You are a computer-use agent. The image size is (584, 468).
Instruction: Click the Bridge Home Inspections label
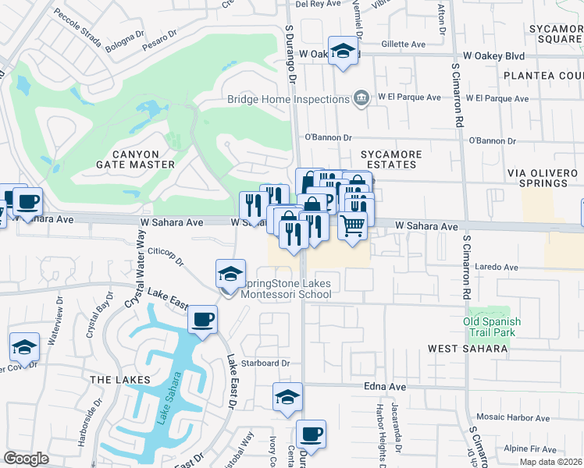tap(287, 99)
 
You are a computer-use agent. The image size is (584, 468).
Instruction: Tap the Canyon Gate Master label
tap(135, 159)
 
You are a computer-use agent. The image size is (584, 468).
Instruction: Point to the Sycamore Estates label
tap(391, 159)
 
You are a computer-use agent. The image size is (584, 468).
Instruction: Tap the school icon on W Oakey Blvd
tap(342, 51)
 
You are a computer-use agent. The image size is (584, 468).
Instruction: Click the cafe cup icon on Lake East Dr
tap(202, 319)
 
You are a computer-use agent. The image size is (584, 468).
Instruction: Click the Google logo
tap(26, 459)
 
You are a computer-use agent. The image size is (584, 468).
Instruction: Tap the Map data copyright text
tap(550, 462)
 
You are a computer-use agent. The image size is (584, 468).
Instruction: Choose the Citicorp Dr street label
tap(165, 257)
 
